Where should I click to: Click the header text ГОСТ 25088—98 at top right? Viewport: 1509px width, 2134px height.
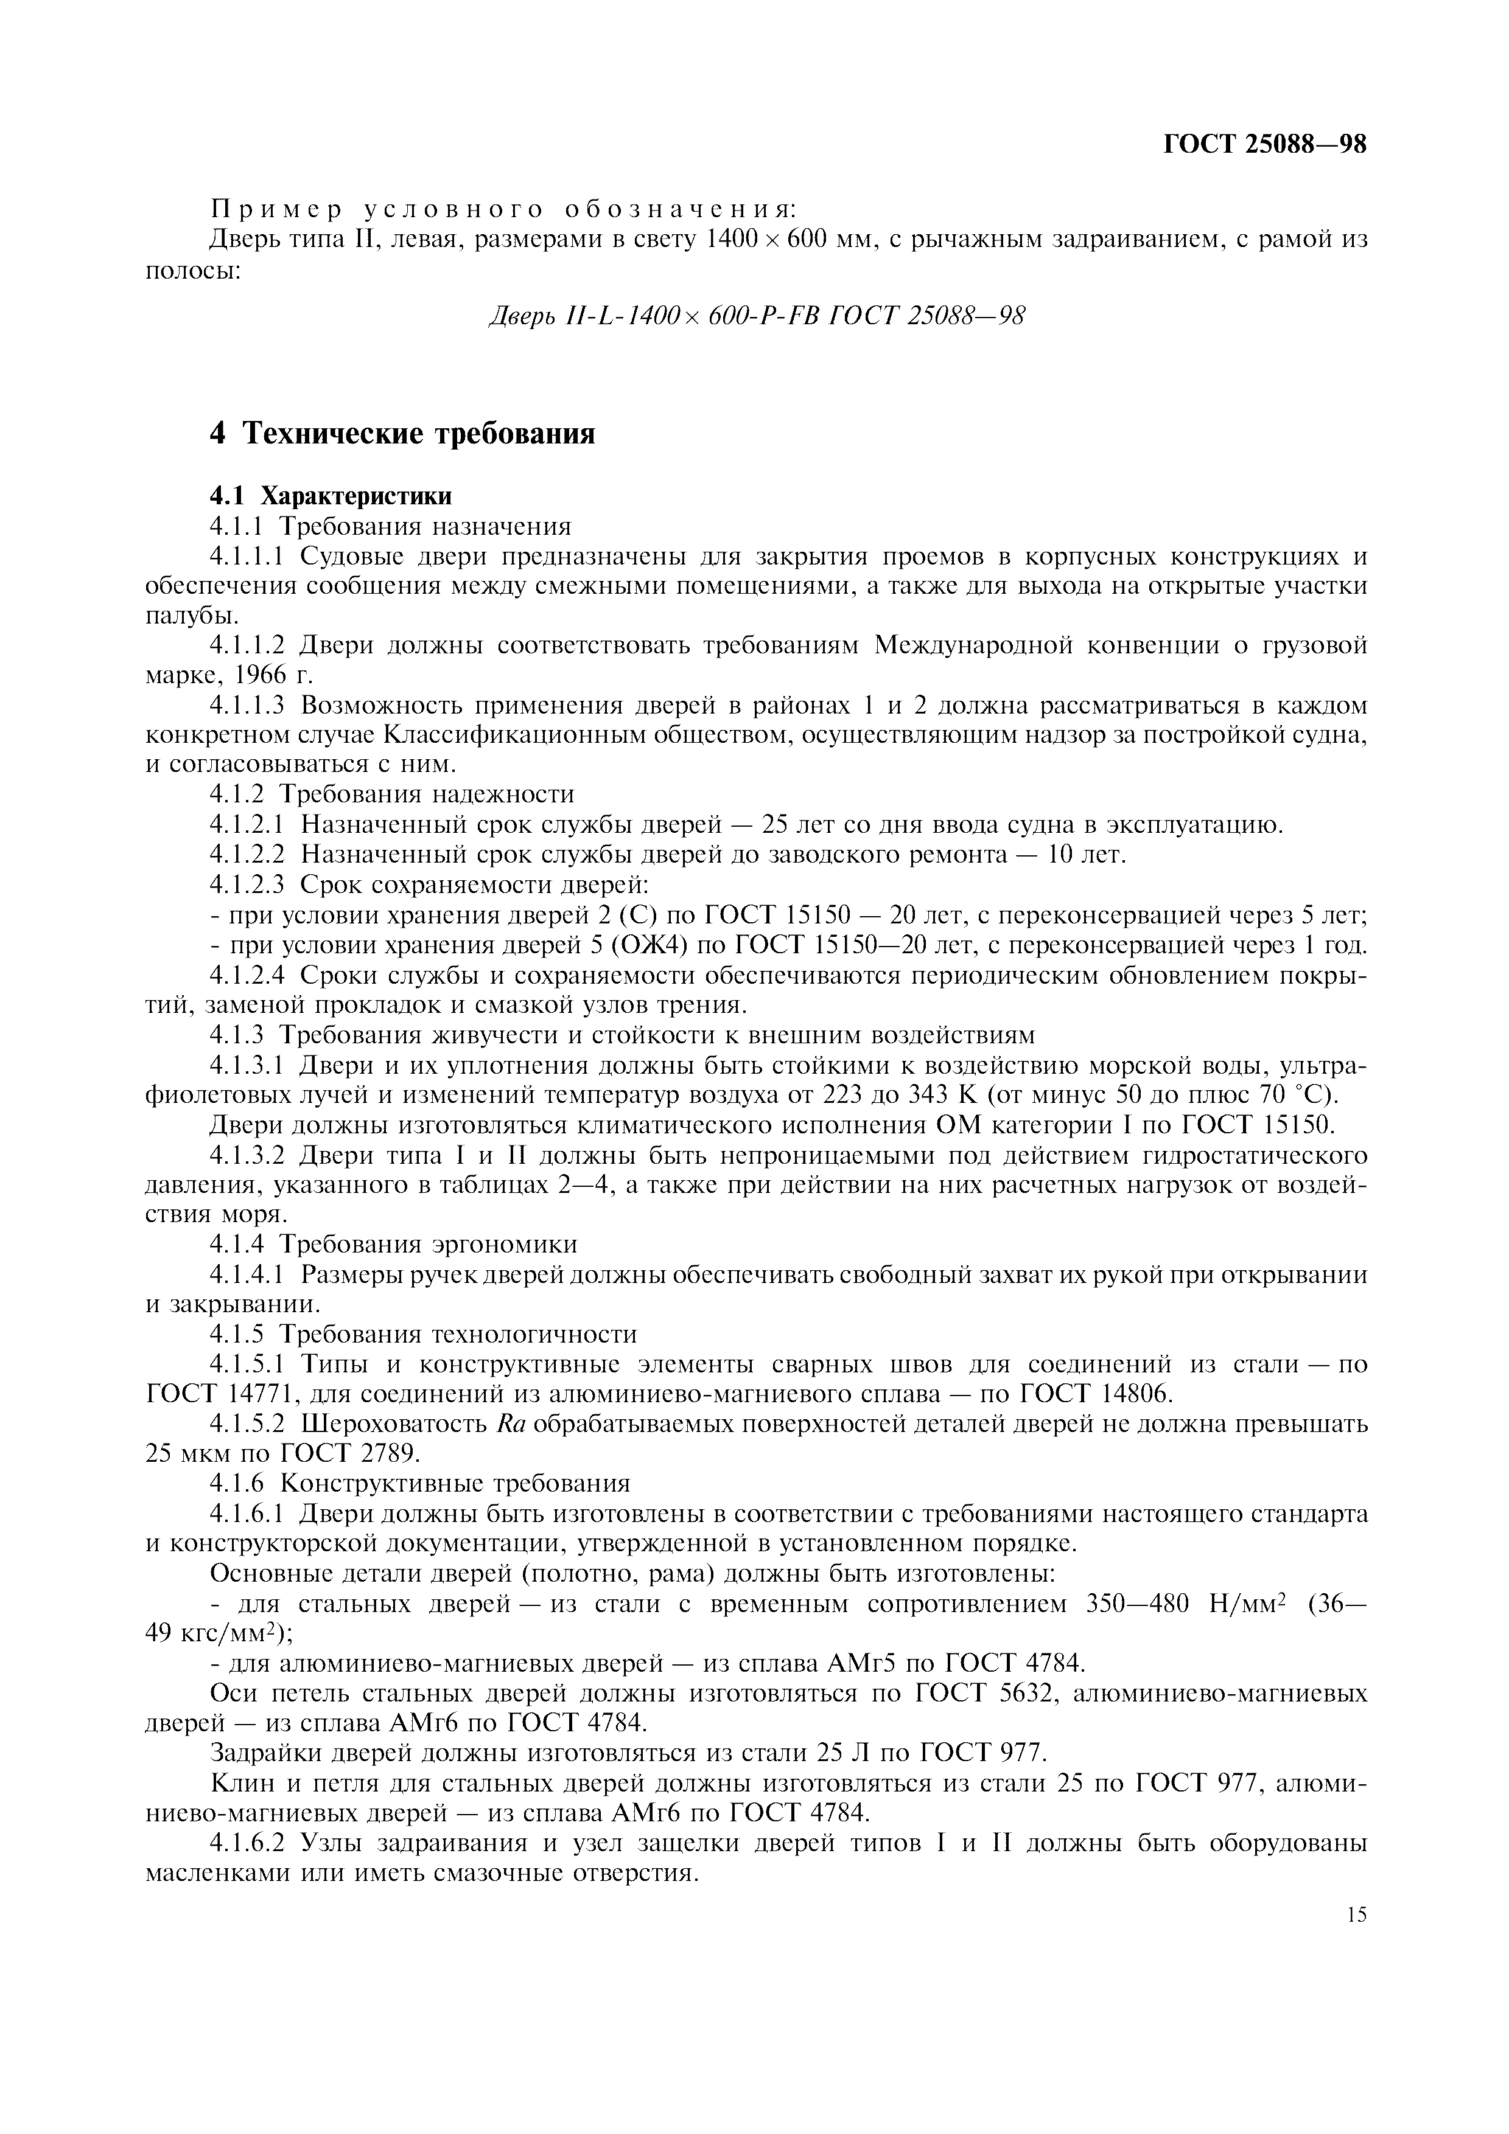(1266, 145)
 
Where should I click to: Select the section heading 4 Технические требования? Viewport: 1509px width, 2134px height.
(402, 433)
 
